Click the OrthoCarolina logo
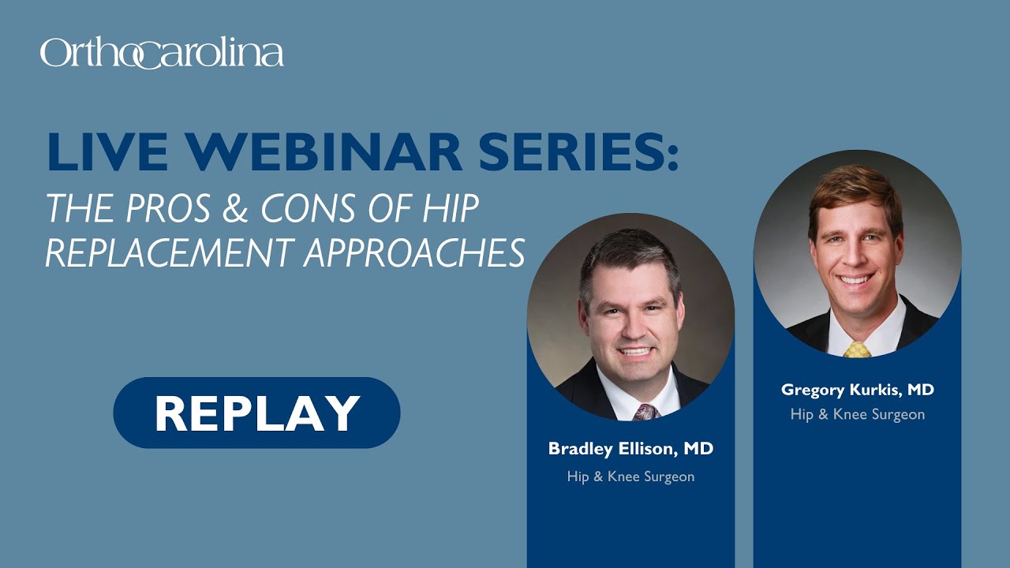click(x=162, y=53)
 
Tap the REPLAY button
click(x=256, y=413)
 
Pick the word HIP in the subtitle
click(x=450, y=208)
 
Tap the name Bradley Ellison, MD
click(x=630, y=449)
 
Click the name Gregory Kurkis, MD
click(x=857, y=390)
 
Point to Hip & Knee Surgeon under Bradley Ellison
click(x=630, y=476)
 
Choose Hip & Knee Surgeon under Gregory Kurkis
click(x=857, y=414)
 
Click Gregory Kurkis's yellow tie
click(x=856, y=349)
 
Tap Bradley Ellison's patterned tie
click(x=645, y=411)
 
